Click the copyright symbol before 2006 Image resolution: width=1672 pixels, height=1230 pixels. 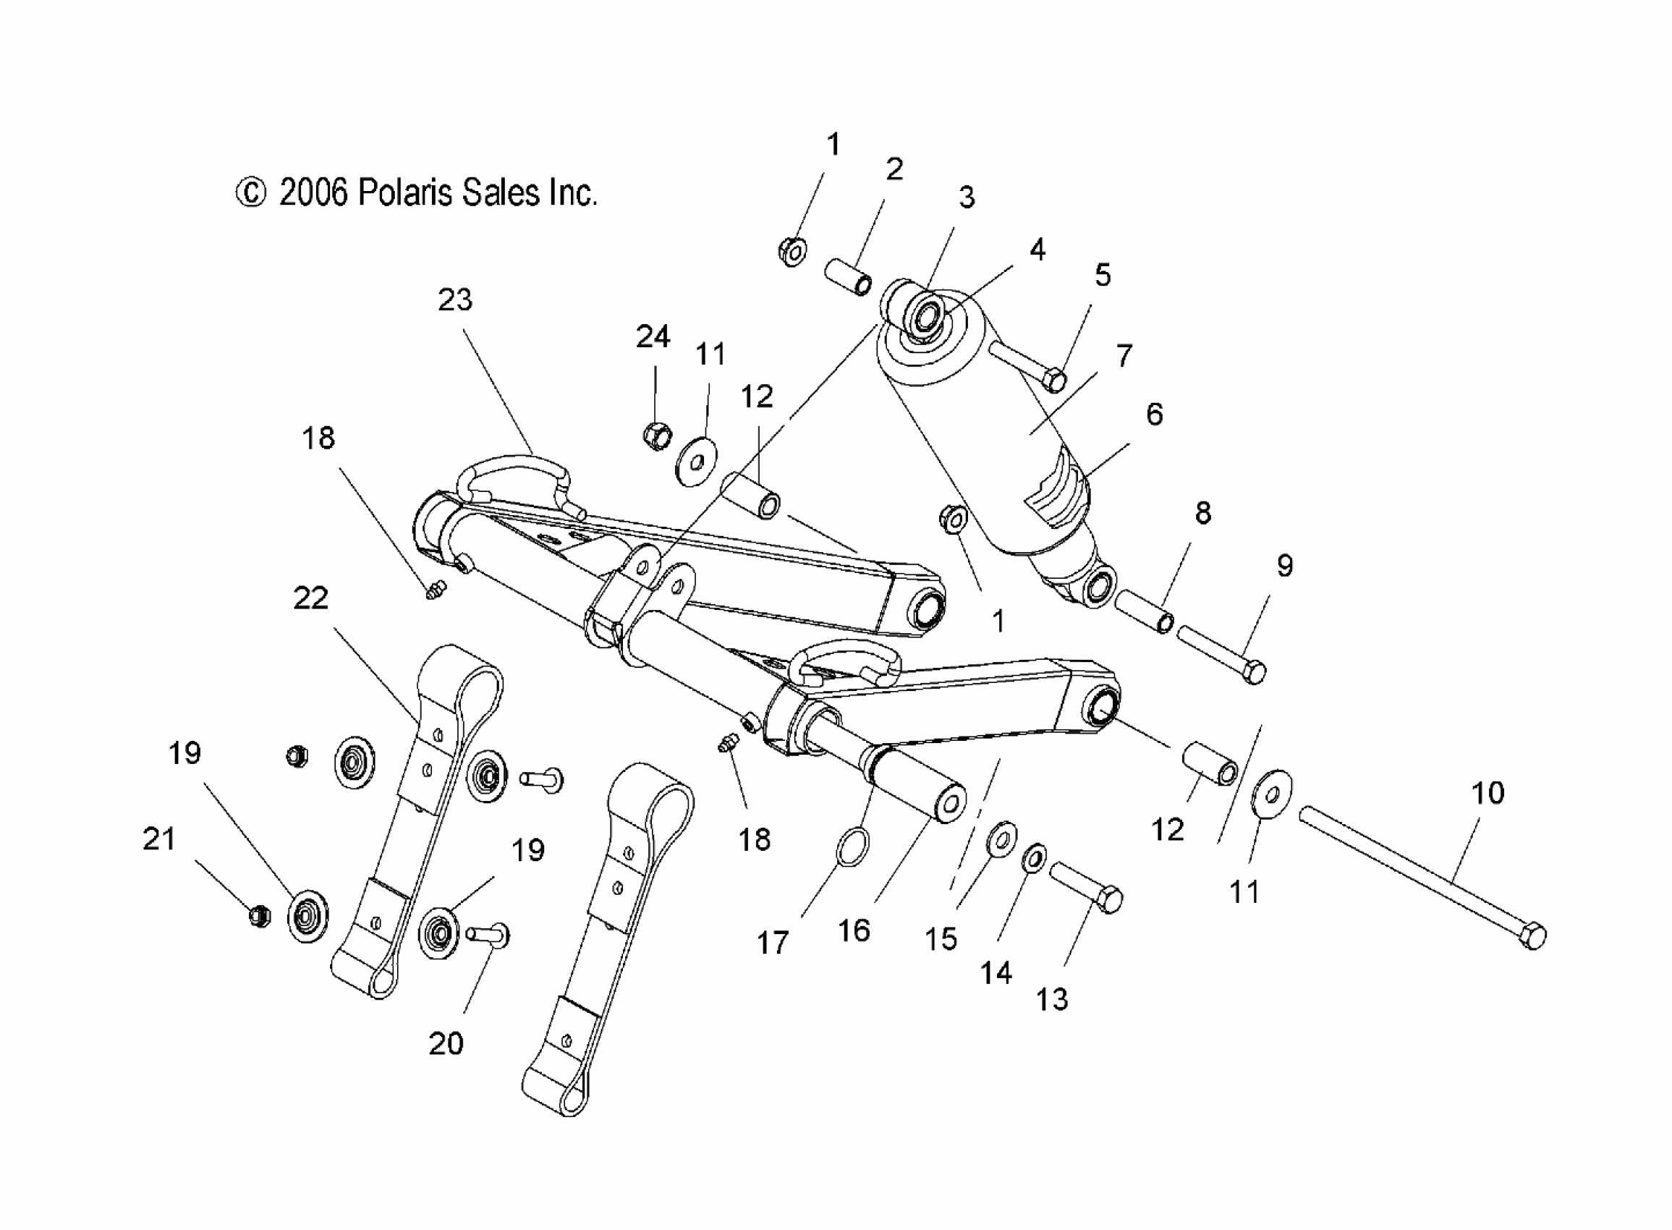pos(250,193)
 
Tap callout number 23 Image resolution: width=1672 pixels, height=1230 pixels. pos(455,300)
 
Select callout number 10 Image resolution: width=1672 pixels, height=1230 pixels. pos(1488,793)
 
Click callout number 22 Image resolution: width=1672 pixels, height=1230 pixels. pos(310,598)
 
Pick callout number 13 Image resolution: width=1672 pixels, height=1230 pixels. pos(1052,1000)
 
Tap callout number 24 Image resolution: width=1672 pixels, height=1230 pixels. pos(653,337)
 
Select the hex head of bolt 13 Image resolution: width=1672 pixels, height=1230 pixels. pos(1109,901)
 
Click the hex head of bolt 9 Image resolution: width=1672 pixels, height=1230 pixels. pos(1255,673)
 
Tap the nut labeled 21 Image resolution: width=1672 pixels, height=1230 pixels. pos(258,915)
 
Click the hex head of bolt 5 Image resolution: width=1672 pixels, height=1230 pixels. pos(1055,381)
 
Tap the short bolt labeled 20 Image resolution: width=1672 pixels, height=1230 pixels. pos(488,935)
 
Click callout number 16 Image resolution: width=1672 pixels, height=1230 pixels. pos(854,930)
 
